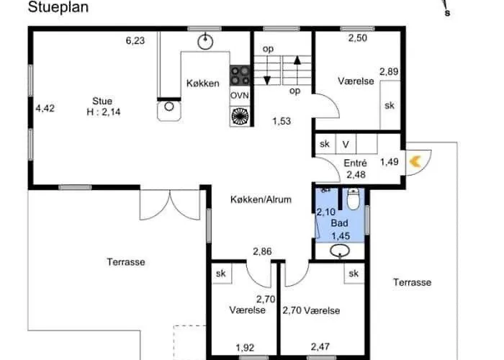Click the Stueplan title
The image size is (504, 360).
[x=58, y=7]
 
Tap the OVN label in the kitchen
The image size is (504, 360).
[x=240, y=96]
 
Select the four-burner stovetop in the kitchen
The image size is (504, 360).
[x=240, y=75]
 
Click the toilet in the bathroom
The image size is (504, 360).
[x=354, y=199]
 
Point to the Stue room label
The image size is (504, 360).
[x=102, y=101]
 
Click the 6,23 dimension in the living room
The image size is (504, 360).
[x=135, y=40]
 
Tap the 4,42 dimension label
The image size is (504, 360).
[x=45, y=108]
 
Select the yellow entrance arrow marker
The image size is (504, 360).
[x=415, y=162]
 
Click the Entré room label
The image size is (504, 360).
[x=355, y=163]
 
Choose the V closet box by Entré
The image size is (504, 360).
[x=346, y=144]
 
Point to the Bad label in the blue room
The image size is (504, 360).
[x=339, y=222]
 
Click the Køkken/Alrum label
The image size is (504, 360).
[x=261, y=199]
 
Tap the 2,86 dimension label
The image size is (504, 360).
[x=262, y=251]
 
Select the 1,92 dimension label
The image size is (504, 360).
[x=245, y=348]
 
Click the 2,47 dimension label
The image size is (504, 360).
[x=320, y=346]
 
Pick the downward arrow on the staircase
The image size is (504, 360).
[x=267, y=71]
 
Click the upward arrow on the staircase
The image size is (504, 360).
[x=297, y=70]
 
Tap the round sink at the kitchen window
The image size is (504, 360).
[x=205, y=42]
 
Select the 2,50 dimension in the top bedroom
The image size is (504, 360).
[x=357, y=37]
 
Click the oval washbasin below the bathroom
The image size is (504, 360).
[x=340, y=251]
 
